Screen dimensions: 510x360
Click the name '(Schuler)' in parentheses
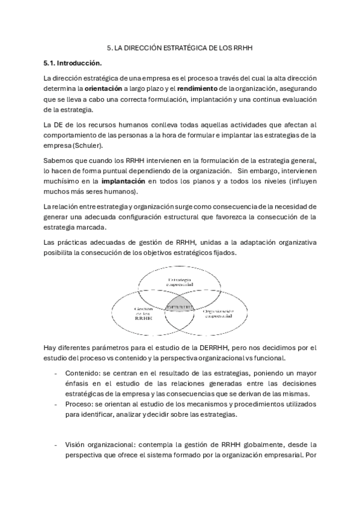pos(90,146)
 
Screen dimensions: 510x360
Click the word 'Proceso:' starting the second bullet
pos(79,404)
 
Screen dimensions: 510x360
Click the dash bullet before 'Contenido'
pos(56,372)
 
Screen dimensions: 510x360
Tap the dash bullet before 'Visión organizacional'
pos(56,444)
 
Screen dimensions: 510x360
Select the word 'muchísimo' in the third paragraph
pos(61,181)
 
